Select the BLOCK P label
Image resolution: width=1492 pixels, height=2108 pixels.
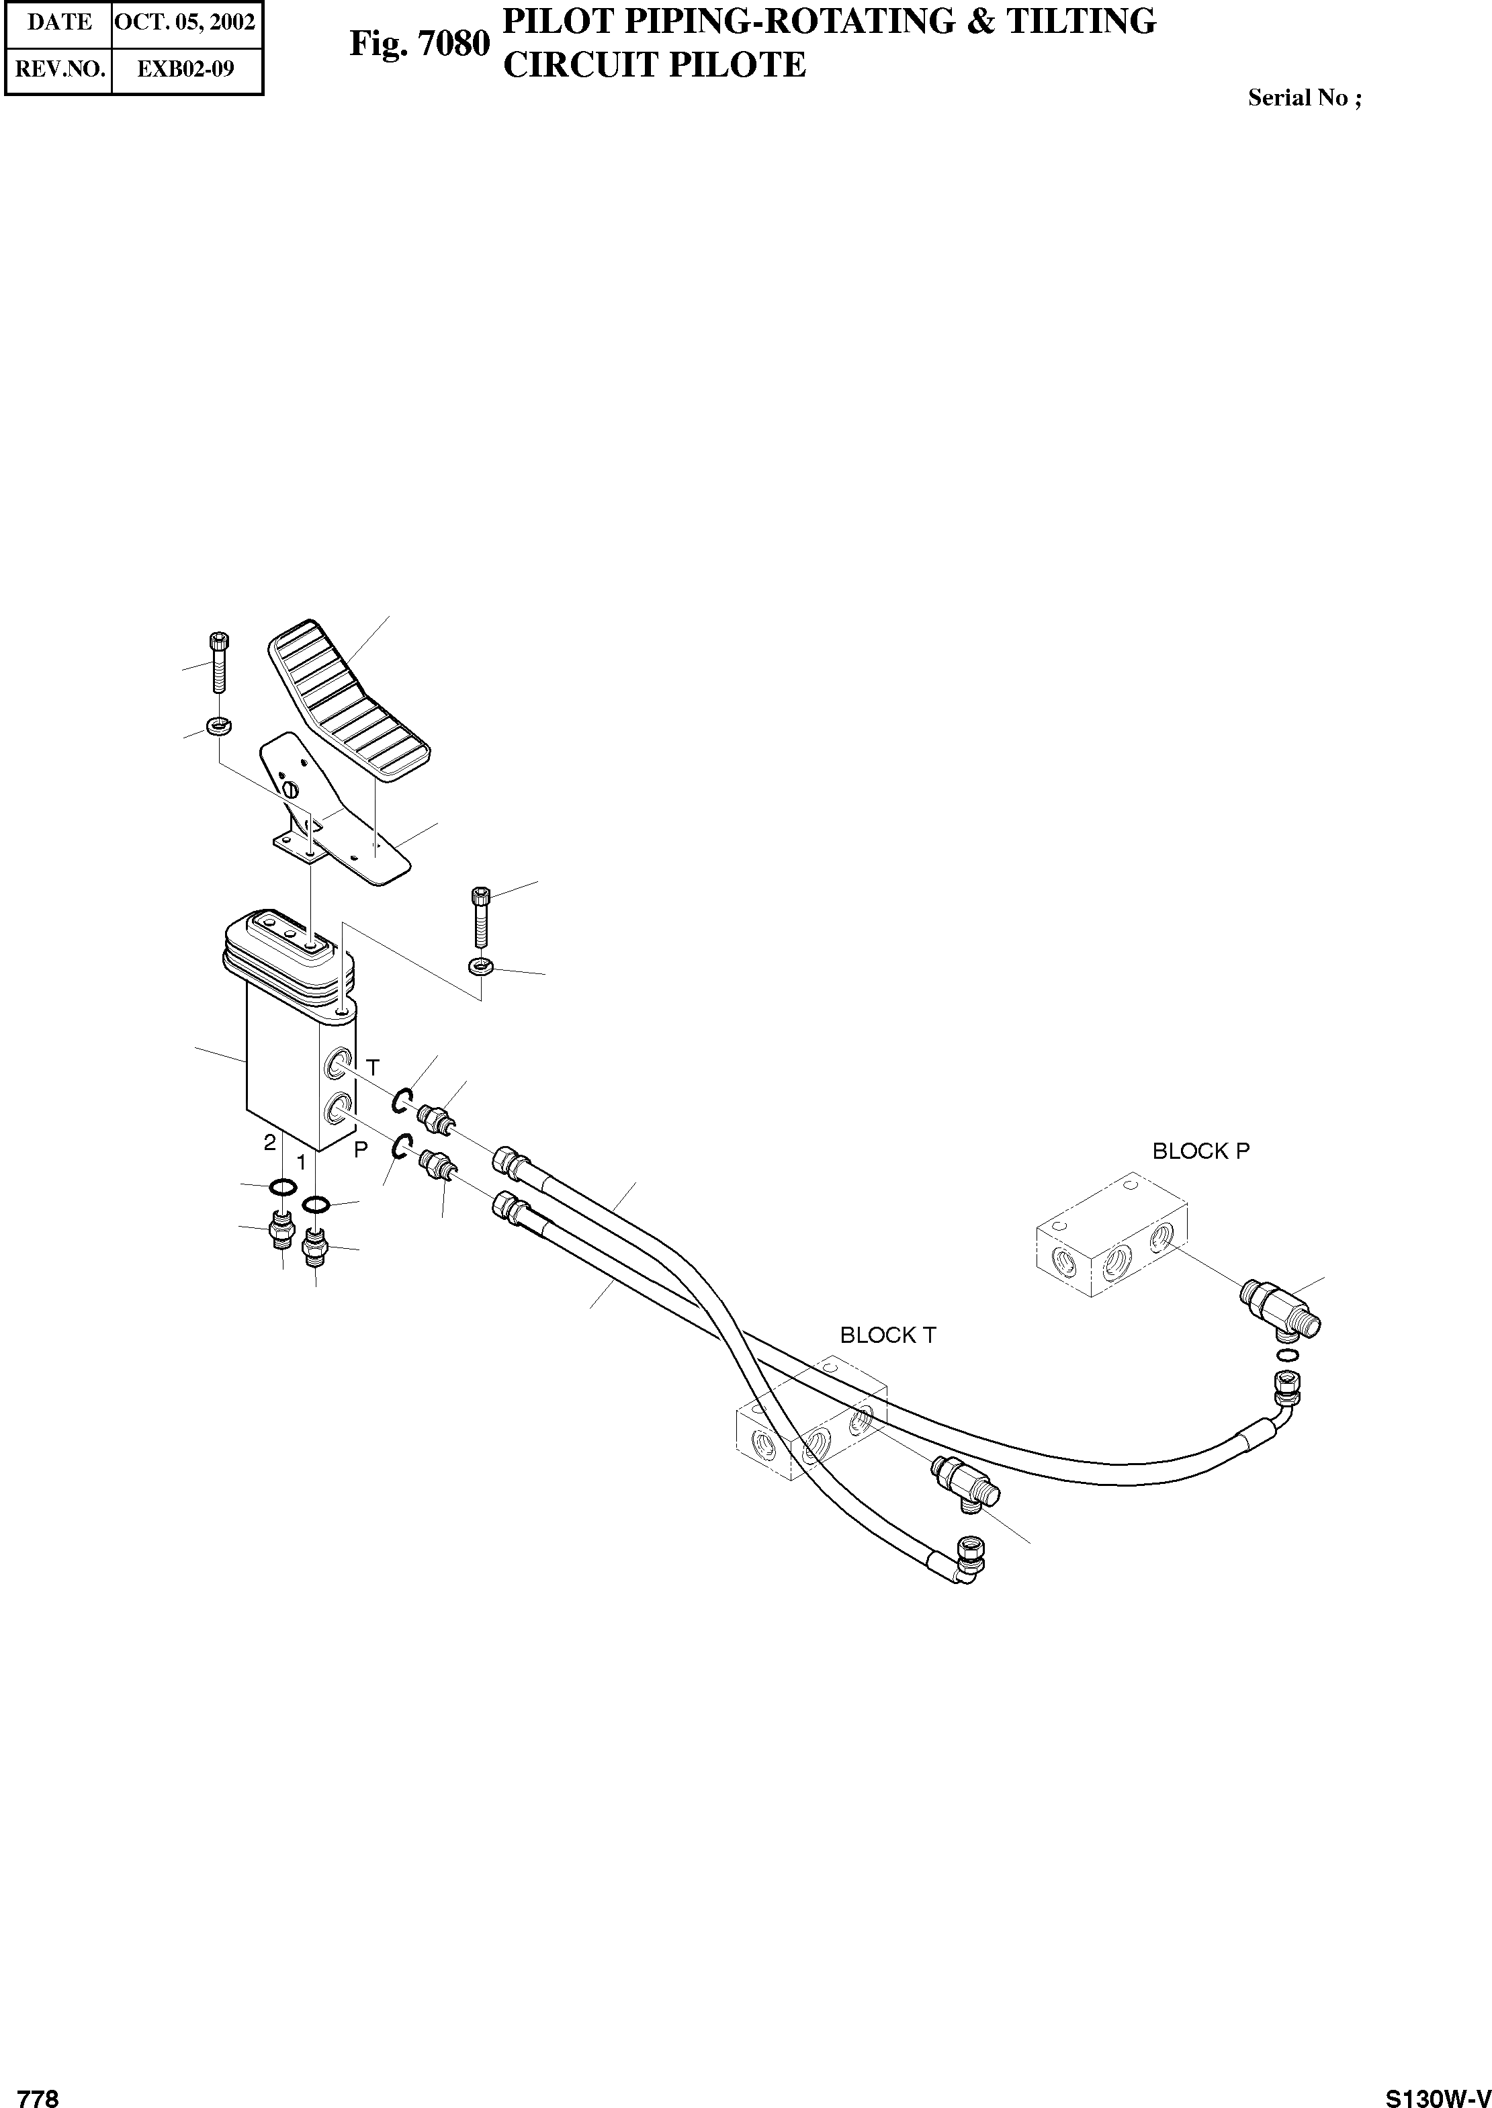(1200, 1151)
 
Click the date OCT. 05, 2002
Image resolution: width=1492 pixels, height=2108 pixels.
(185, 22)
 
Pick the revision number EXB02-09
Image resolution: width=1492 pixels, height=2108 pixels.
(185, 70)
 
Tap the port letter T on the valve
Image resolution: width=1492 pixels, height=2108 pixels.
(373, 1066)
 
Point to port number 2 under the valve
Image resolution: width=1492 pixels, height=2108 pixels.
(269, 1143)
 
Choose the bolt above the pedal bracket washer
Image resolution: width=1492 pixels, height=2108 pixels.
(218, 661)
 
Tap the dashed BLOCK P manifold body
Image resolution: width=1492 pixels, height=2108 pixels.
(1112, 1235)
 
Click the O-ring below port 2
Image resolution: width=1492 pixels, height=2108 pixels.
(283, 1188)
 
